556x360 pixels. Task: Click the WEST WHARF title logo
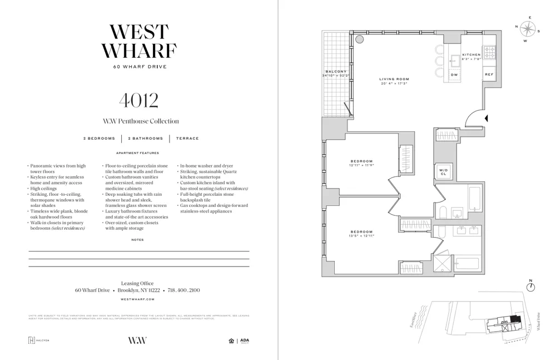pyautogui.click(x=138, y=42)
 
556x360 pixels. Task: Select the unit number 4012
pyautogui.click(x=138, y=101)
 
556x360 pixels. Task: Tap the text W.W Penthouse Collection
pyautogui.click(x=141, y=121)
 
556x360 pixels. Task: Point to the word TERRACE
pyautogui.click(x=187, y=139)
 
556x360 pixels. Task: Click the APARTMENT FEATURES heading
pyautogui.click(x=137, y=153)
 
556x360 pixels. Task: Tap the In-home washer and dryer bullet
pyautogui.click(x=206, y=166)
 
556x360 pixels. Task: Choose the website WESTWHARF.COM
pyautogui.click(x=137, y=299)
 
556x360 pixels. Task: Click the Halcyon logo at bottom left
pyautogui.click(x=38, y=341)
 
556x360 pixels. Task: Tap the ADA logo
pyautogui.click(x=244, y=341)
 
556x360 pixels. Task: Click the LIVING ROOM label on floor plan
pyautogui.click(x=394, y=79)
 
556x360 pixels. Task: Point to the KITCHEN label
pyautogui.click(x=471, y=55)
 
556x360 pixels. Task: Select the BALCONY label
pyautogui.click(x=336, y=71)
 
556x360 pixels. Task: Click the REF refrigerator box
pyautogui.click(x=489, y=75)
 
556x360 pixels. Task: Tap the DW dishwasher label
pyautogui.click(x=454, y=75)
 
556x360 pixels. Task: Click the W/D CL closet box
pyautogui.click(x=443, y=171)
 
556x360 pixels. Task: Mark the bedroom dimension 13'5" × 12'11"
pyautogui.click(x=361, y=236)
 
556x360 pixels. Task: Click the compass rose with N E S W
pyautogui.click(x=527, y=29)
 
